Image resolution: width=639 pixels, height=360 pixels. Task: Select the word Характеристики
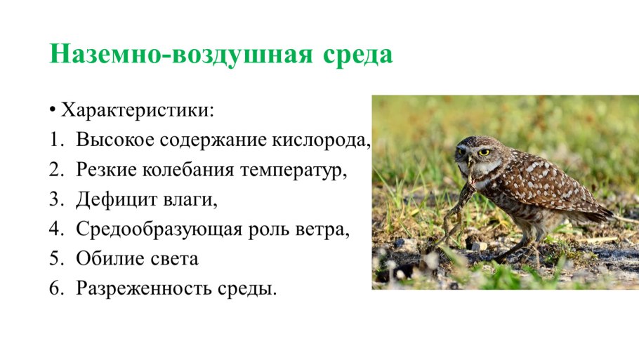tap(138, 111)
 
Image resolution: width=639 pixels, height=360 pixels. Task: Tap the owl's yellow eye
tap(484, 152)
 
